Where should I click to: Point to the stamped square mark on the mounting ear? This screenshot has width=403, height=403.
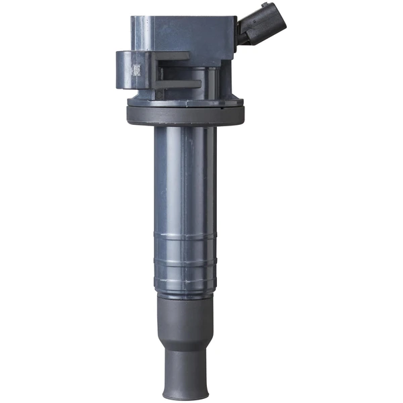pos(135,70)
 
